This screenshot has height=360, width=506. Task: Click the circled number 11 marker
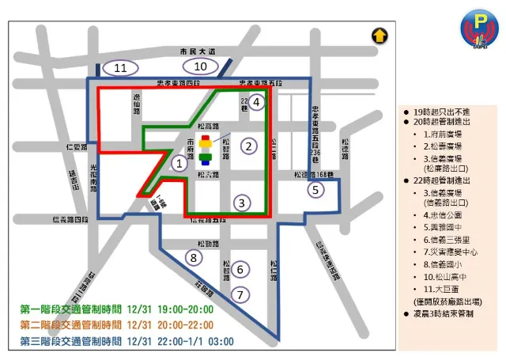coord(120,67)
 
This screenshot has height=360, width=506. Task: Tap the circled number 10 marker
coord(201,66)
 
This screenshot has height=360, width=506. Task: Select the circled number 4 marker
coord(256,100)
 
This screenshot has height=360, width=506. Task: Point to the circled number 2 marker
coord(248,146)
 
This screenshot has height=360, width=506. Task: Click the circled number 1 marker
coord(179,164)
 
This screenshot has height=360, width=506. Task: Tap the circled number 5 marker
coord(315,190)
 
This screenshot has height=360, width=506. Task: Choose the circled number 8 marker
coord(192,256)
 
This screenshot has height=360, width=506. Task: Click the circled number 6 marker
coord(242,269)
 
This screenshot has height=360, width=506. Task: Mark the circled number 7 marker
coord(242,294)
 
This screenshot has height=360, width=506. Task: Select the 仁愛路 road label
coord(77,147)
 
